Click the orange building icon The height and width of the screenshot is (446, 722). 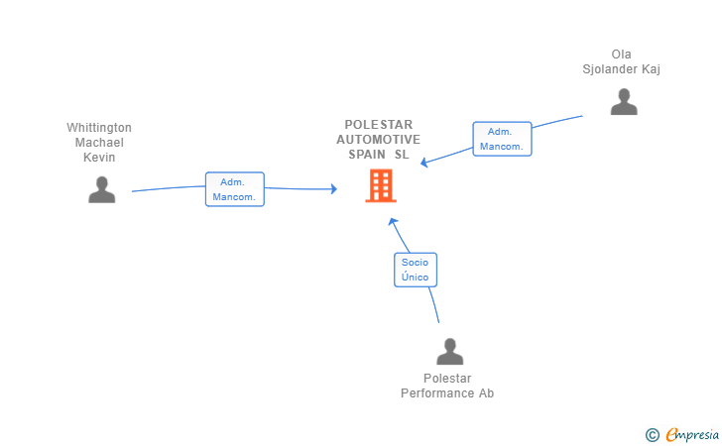[x=381, y=186]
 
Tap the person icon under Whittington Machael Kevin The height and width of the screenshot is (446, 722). [x=102, y=189]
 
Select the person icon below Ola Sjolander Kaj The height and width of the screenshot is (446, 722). [x=624, y=102]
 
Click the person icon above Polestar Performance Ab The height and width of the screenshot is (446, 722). [x=450, y=352]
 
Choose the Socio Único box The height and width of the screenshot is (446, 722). [x=416, y=270]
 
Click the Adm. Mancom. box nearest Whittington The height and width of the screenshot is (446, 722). [x=235, y=189]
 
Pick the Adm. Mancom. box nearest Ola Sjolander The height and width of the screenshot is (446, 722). [x=503, y=139]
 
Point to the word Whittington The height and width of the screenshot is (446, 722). [x=99, y=128]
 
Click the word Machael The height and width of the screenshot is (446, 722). [x=99, y=142]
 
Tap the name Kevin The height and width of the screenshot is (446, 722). [x=99, y=158]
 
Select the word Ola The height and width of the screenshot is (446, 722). [x=621, y=55]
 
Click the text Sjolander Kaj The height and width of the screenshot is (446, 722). [x=621, y=69]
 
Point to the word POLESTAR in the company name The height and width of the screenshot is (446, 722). [x=379, y=125]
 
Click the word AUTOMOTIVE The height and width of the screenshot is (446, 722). [x=379, y=140]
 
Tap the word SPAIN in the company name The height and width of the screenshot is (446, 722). [x=367, y=155]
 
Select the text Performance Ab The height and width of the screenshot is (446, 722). [x=447, y=393]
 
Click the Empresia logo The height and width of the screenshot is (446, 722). [x=692, y=434]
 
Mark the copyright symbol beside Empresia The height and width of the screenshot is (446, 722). [x=653, y=435]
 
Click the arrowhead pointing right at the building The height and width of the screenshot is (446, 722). [x=334, y=188]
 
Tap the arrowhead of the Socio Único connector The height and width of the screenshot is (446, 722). [x=393, y=222]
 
